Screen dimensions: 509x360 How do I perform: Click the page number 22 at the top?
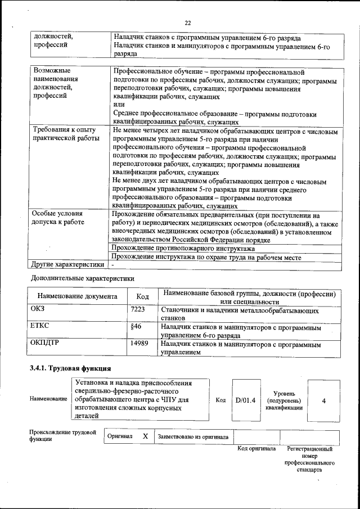[x=188, y=22]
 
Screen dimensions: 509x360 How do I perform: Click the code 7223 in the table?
[x=138, y=309]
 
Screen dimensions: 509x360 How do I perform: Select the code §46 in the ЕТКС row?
[x=136, y=326]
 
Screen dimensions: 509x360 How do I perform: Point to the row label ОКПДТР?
[x=44, y=342]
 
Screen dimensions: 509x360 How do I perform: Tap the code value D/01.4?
[x=245, y=400]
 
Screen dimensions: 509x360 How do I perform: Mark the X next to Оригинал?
[x=145, y=436]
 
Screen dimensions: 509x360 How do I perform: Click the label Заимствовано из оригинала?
[x=193, y=436]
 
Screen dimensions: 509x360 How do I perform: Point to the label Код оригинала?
[x=256, y=449]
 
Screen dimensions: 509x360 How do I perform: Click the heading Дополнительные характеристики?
[x=82, y=278]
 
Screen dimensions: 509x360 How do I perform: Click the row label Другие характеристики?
[x=67, y=264]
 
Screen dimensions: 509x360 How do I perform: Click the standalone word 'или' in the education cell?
[x=119, y=105]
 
